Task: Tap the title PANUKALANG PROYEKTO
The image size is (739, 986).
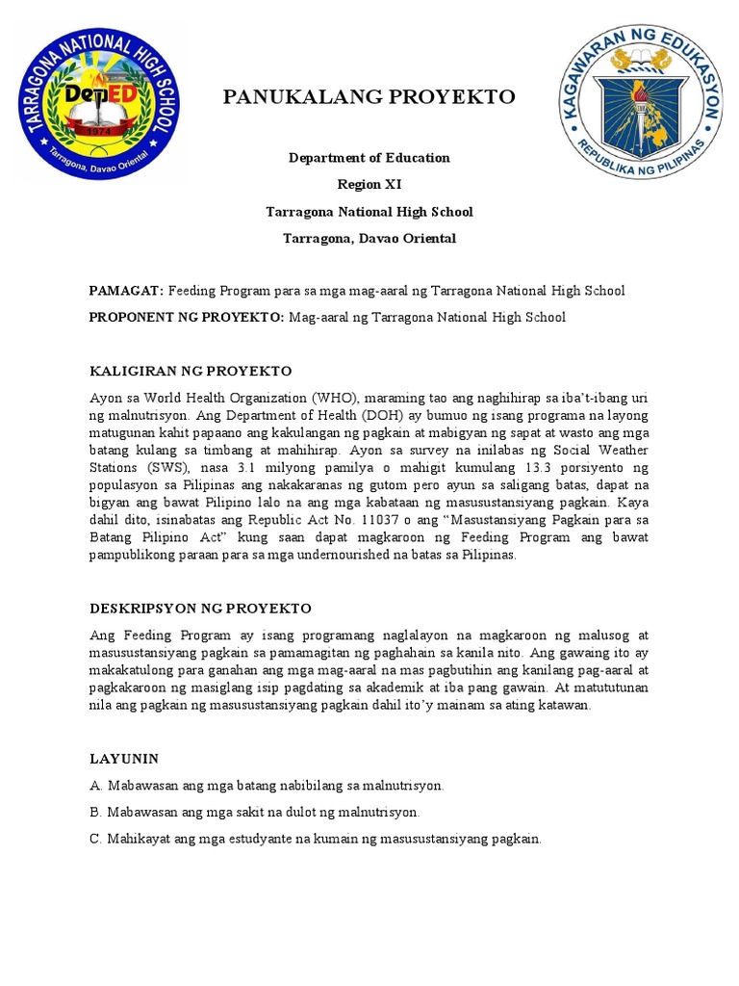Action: [x=369, y=96]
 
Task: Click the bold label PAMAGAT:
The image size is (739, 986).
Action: [x=126, y=290]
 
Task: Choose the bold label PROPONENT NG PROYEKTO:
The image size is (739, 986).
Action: [x=187, y=317]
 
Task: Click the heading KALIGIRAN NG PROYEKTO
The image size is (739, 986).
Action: [x=190, y=371]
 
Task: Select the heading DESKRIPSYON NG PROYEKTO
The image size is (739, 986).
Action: [x=200, y=609]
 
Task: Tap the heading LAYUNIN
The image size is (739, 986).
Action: [x=124, y=759]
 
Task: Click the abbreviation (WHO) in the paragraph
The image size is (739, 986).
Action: [x=336, y=398]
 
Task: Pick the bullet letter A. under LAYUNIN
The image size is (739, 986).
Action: [x=95, y=786]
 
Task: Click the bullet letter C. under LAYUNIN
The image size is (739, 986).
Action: [x=95, y=839]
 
